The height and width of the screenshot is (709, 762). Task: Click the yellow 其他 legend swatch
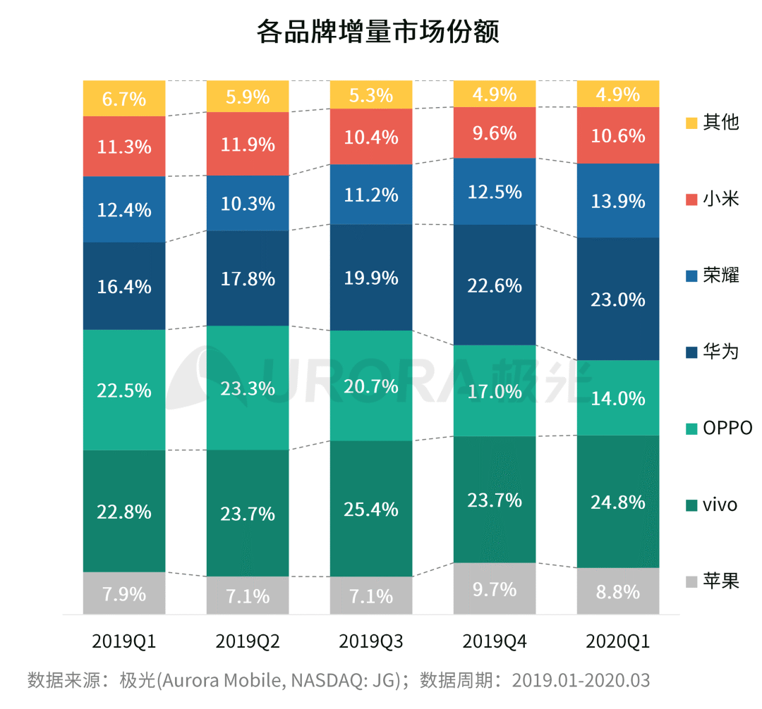[x=691, y=123]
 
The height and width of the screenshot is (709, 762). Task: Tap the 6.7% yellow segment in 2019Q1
[x=124, y=99]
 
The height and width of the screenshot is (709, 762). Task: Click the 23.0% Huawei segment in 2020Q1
[x=618, y=299]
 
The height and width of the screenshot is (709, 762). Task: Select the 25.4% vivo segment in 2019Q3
[x=371, y=509]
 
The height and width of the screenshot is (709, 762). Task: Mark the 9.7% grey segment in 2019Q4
[x=495, y=588]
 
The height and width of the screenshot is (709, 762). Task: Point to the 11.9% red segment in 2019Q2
[x=248, y=144]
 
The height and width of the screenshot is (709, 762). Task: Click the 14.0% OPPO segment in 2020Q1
[x=618, y=398]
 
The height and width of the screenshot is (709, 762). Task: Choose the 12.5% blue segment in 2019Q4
[x=495, y=192]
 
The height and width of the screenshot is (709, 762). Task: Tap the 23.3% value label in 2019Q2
[x=248, y=388]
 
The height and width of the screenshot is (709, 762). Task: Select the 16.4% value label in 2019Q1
[x=124, y=286]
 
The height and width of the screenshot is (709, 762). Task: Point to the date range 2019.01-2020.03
[x=581, y=681]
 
